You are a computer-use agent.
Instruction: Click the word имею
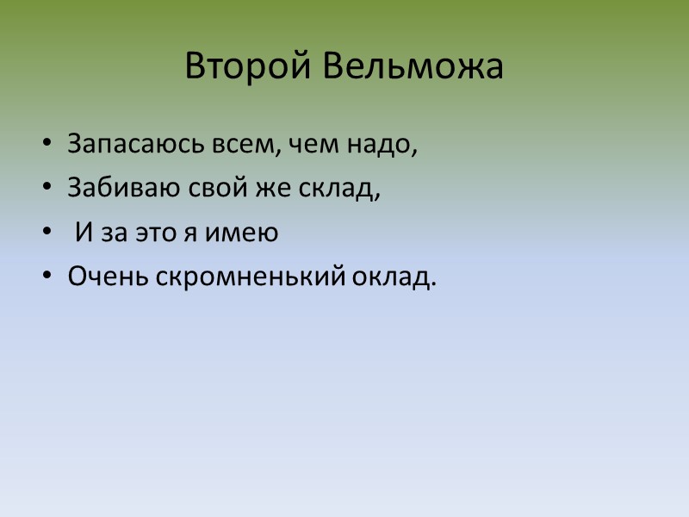point(249,234)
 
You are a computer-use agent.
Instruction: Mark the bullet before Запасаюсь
point(48,144)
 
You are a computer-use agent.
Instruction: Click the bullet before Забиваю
point(48,189)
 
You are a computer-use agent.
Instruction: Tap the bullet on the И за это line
point(48,234)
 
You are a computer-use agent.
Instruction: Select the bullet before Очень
point(48,278)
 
